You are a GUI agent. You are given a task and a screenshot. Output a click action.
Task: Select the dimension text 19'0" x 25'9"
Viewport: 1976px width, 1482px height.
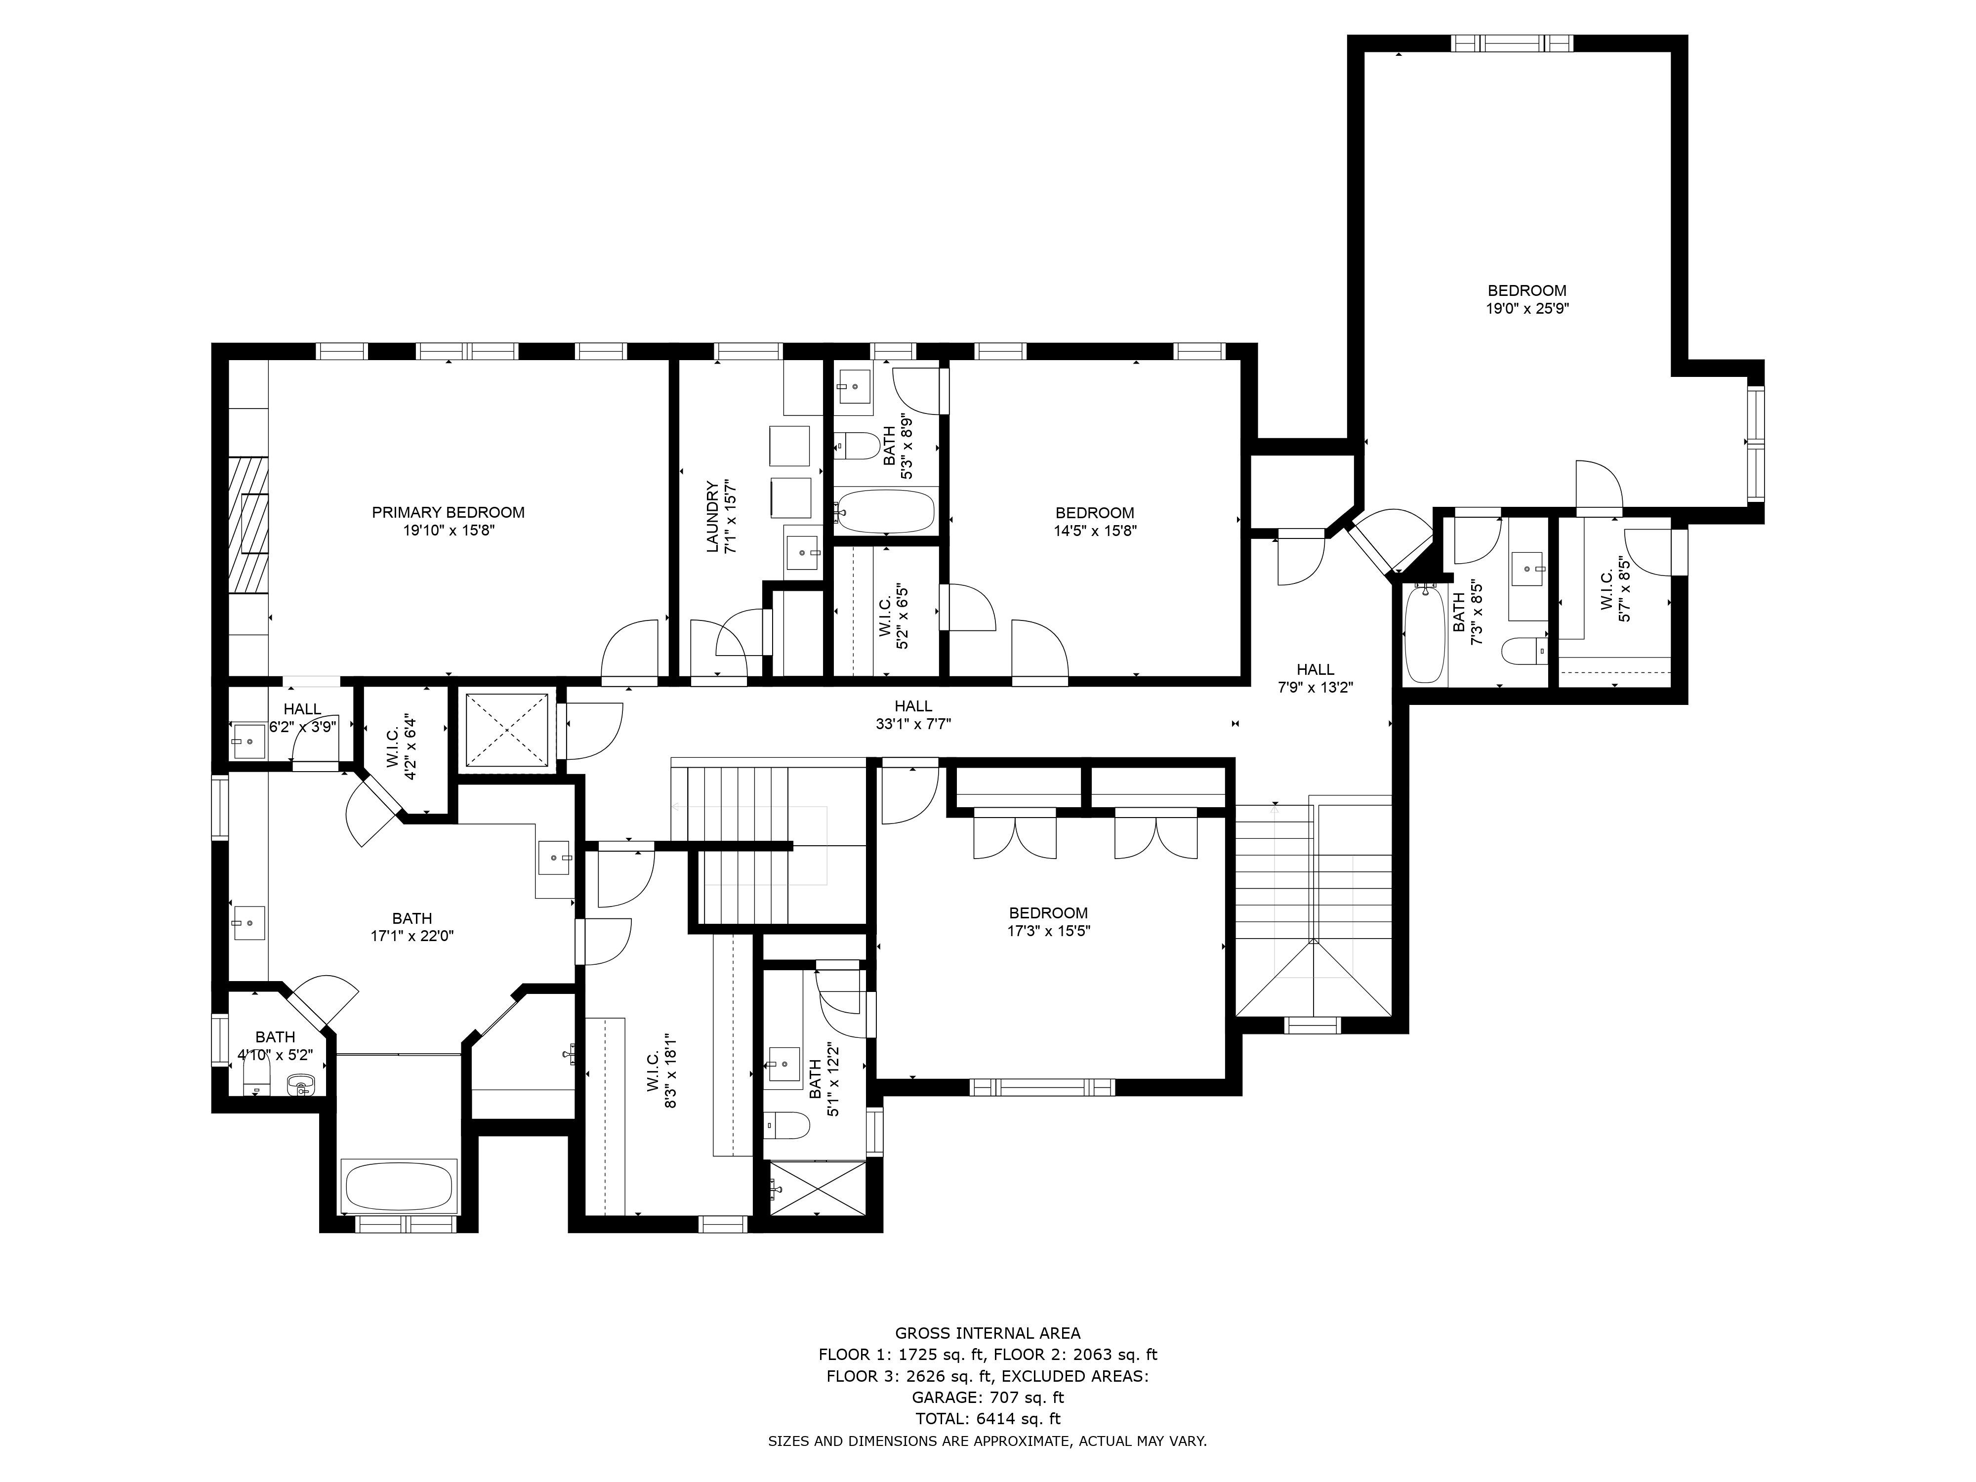[1526, 308]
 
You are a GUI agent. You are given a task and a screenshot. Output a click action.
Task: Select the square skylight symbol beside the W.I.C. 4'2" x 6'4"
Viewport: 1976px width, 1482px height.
[506, 730]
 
